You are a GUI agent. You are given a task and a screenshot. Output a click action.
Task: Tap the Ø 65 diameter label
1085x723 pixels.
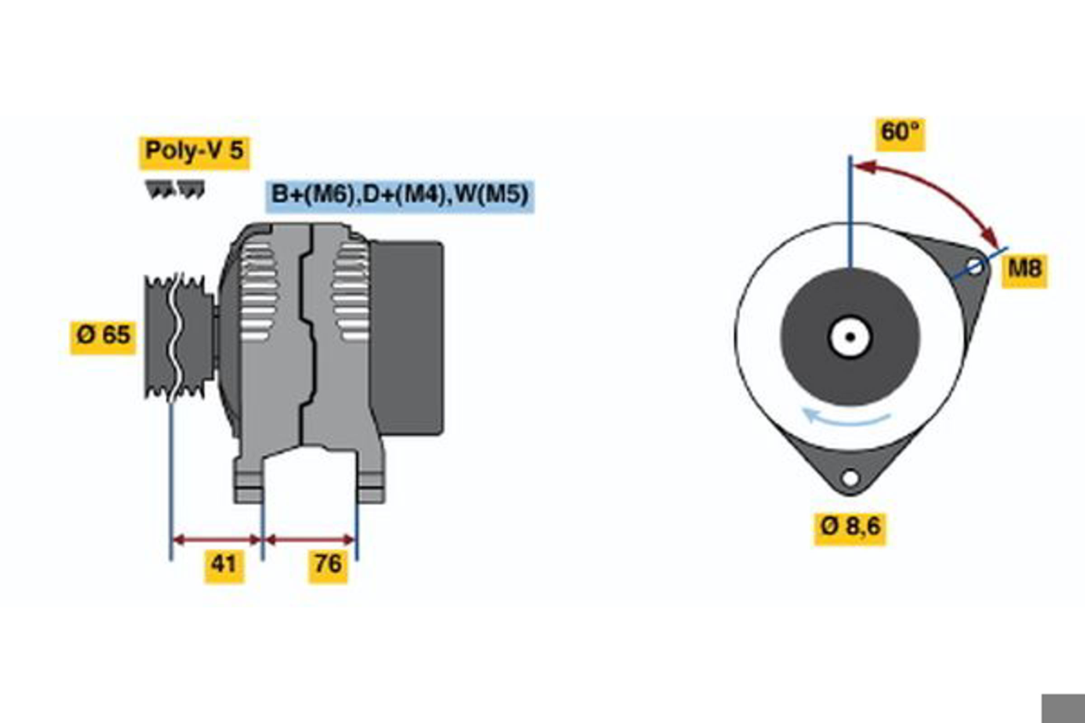point(104,338)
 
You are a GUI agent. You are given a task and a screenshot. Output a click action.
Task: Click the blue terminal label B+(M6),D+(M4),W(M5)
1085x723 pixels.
point(400,196)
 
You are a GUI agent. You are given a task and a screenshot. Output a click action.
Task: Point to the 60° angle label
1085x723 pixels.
point(901,134)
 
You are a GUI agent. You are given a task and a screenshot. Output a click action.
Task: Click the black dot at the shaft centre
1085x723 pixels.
point(850,337)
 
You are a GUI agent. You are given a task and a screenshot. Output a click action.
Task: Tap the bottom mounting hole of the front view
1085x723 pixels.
point(850,478)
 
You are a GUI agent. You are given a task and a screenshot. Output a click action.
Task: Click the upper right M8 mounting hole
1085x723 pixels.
point(975,267)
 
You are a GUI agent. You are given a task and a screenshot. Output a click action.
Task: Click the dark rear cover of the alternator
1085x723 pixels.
point(406,338)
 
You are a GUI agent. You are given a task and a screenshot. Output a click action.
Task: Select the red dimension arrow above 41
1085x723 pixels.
point(217,540)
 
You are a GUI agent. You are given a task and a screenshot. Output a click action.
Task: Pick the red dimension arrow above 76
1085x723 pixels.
point(310,540)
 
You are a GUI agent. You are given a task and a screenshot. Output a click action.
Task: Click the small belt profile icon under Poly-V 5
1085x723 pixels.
point(175,189)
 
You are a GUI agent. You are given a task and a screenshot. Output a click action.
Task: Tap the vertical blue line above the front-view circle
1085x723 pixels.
point(850,212)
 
